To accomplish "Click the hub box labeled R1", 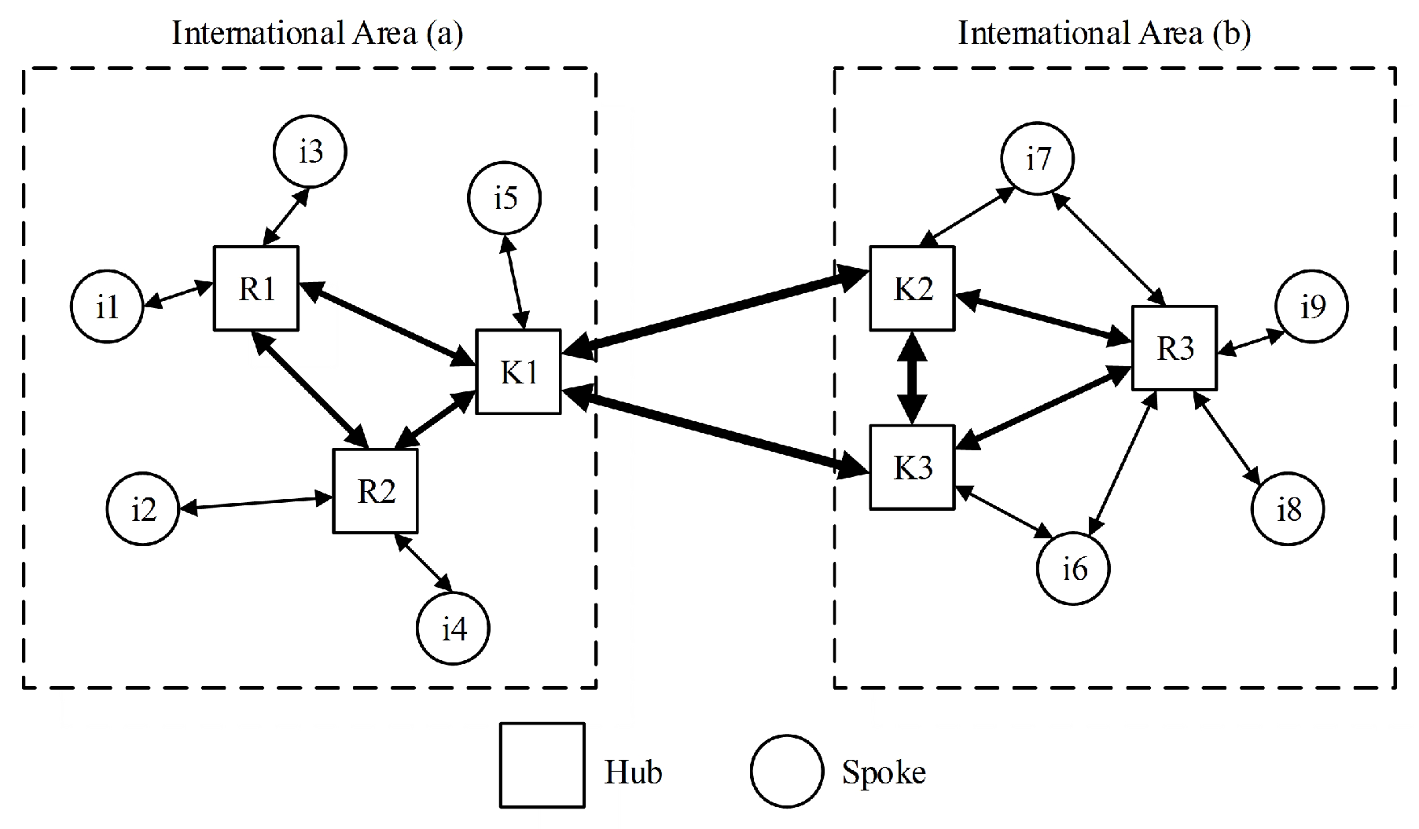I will click(256, 288).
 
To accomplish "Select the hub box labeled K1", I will click(518, 371).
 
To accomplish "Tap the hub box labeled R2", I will click(375, 491).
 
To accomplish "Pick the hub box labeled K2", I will click(912, 288).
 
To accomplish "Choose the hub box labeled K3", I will click(912, 468).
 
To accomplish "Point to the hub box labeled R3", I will click(1175, 348).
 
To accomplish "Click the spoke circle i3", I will click(311, 151).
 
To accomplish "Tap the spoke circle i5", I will click(505, 198).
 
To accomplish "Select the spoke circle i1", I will click(107, 306).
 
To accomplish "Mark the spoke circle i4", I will click(453, 629).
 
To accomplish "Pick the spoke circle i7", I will click(1038, 159).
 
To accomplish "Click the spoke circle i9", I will click(1311, 306).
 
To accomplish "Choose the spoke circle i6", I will click(1073, 568).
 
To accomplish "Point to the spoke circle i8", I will click(1288, 509).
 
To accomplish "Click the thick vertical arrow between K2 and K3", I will click(912, 378).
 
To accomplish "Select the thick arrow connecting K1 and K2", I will click(715, 312).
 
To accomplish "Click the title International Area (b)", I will click(1104, 34).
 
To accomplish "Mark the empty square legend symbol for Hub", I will click(542, 765).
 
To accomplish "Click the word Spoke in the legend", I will click(884, 772).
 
